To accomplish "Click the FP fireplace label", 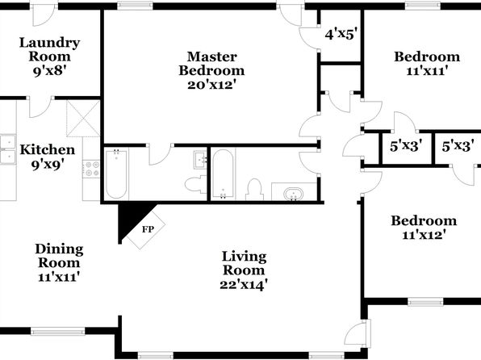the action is (148, 229).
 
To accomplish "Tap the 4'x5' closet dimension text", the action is (341, 34).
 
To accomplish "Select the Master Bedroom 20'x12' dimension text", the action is (211, 85).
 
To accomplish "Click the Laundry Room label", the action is (50, 49).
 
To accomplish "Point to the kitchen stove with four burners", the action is (92, 169).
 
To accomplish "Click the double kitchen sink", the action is (8, 149).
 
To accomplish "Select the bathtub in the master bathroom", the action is (116, 174).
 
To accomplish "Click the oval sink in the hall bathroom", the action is (293, 195).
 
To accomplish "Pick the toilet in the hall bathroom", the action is (254, 190).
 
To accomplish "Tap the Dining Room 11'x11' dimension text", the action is (59, 277).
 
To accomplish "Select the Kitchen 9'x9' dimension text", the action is (48, 165).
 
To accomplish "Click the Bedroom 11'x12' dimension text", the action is (424, 235).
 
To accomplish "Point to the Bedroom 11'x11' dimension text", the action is (427, 71).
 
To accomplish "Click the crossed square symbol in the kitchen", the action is (83, 118).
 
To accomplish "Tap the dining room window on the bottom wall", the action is (58, 331).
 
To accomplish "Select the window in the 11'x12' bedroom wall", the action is (425, 302).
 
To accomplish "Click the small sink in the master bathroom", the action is (200, 160).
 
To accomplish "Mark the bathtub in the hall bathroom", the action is (223, 174).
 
